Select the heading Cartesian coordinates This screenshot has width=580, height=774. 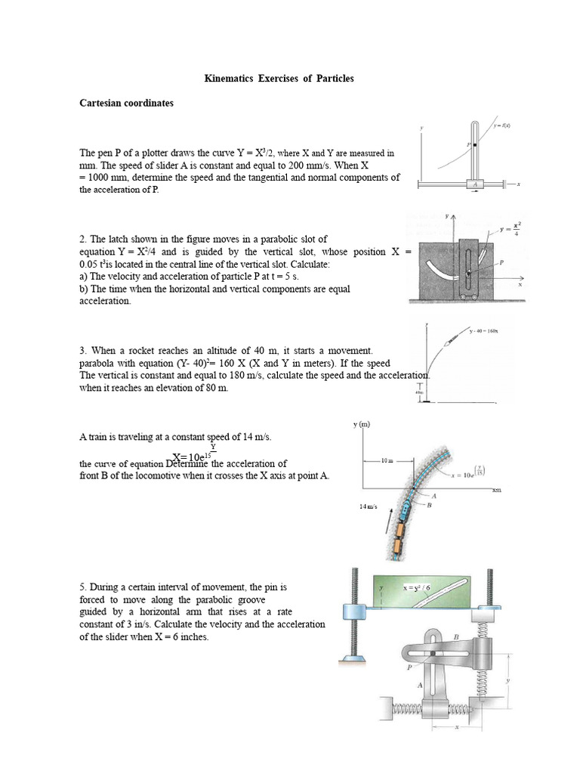click(x=127, y=103)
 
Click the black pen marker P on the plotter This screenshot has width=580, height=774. click(x=474, y=144)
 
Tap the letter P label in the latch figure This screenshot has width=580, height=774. click(x=501, y=262)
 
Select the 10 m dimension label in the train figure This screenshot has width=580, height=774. click(x=386, y=460)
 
